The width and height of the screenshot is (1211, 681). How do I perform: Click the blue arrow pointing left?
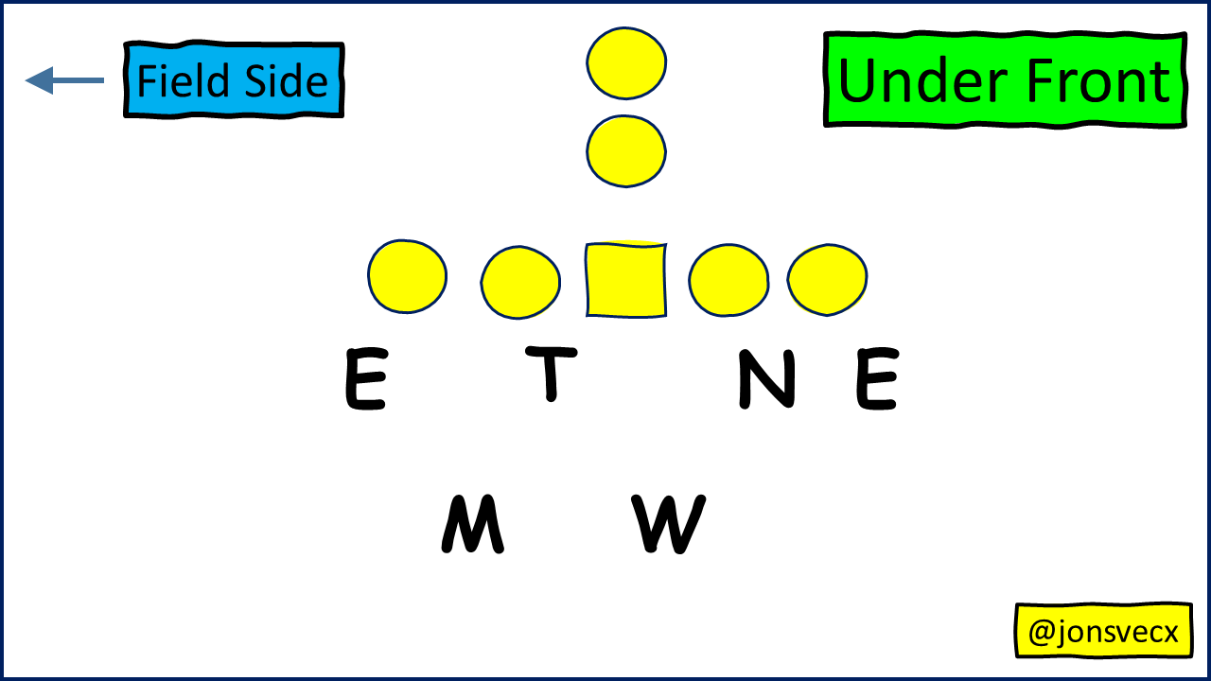[64, 80]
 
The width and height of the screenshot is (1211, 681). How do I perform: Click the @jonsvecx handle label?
[1103, 631]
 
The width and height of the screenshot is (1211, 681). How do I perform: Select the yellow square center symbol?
[625, 280]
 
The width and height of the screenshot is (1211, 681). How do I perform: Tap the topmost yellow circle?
[625, 62]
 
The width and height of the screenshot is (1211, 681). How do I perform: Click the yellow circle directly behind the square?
[625, 150]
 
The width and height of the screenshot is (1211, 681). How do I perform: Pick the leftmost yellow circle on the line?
[407, 276]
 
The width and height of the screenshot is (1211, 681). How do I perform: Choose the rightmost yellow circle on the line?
[827, 278]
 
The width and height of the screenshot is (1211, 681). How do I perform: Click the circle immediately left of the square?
[520, 282]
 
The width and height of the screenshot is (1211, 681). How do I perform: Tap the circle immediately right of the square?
[728, 279]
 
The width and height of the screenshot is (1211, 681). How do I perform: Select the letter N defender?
[766, 379]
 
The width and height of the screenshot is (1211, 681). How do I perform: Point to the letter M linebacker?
[472, 525]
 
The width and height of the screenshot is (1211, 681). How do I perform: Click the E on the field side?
[365, 379]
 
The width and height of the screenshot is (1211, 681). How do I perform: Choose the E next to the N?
[877, 379]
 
